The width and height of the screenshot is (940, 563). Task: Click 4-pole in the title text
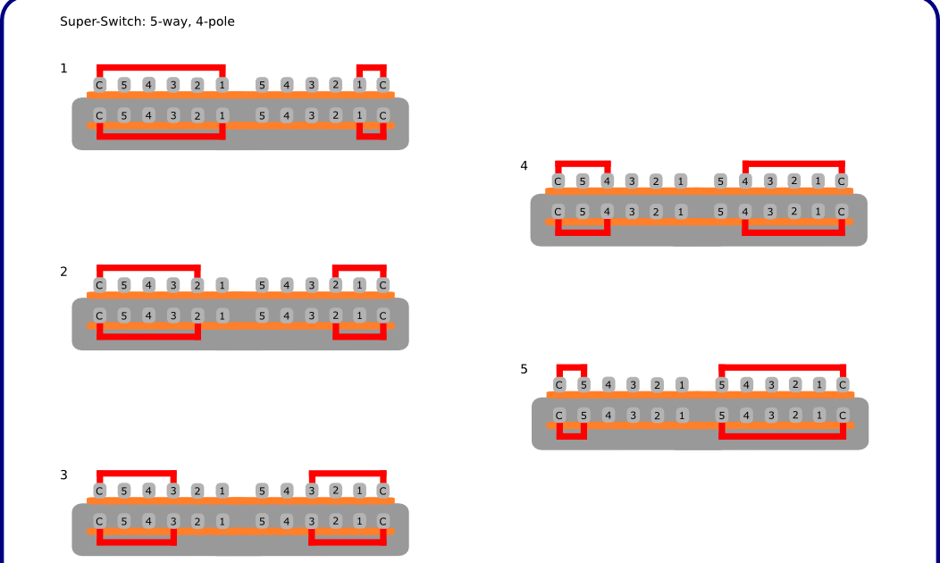click(x=214, y=21)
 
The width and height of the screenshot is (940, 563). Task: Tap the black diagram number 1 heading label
click(x=63, y=69)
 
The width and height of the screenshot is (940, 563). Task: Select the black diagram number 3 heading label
click(x=63, y=475)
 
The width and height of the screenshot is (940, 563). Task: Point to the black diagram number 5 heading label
click(x=524, y=369)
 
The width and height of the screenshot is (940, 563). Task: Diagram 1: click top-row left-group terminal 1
click(x=222, y=85)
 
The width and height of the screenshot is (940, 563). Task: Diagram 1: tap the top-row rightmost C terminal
click(x=382, y=85)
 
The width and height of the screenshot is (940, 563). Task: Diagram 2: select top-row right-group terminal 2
click(x=335, y=285)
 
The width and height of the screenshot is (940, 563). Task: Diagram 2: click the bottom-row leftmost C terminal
click(x=99, y=315)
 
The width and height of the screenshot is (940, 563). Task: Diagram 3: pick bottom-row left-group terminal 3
click(x=172, y=521)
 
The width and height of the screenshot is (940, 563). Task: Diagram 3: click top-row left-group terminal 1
click(x=222, y=491)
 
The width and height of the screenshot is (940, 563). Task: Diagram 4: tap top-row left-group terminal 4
click(x=607, y=181)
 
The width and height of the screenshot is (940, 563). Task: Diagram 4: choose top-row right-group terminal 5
click(x=720, y=181)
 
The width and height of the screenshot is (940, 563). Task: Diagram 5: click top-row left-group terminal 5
click(x=583, y=385)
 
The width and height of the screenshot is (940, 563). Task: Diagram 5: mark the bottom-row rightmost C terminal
click(x=843, y=416)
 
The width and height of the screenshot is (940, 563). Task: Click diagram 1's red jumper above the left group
click(x=161, y=67)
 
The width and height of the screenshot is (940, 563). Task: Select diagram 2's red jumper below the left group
click(x=148, y=337)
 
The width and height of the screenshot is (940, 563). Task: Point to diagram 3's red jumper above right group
click(x=348, y=473)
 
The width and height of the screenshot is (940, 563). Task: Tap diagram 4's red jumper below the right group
click(x=793, y=232)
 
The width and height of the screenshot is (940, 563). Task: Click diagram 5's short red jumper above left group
click(x=572, y=366)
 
